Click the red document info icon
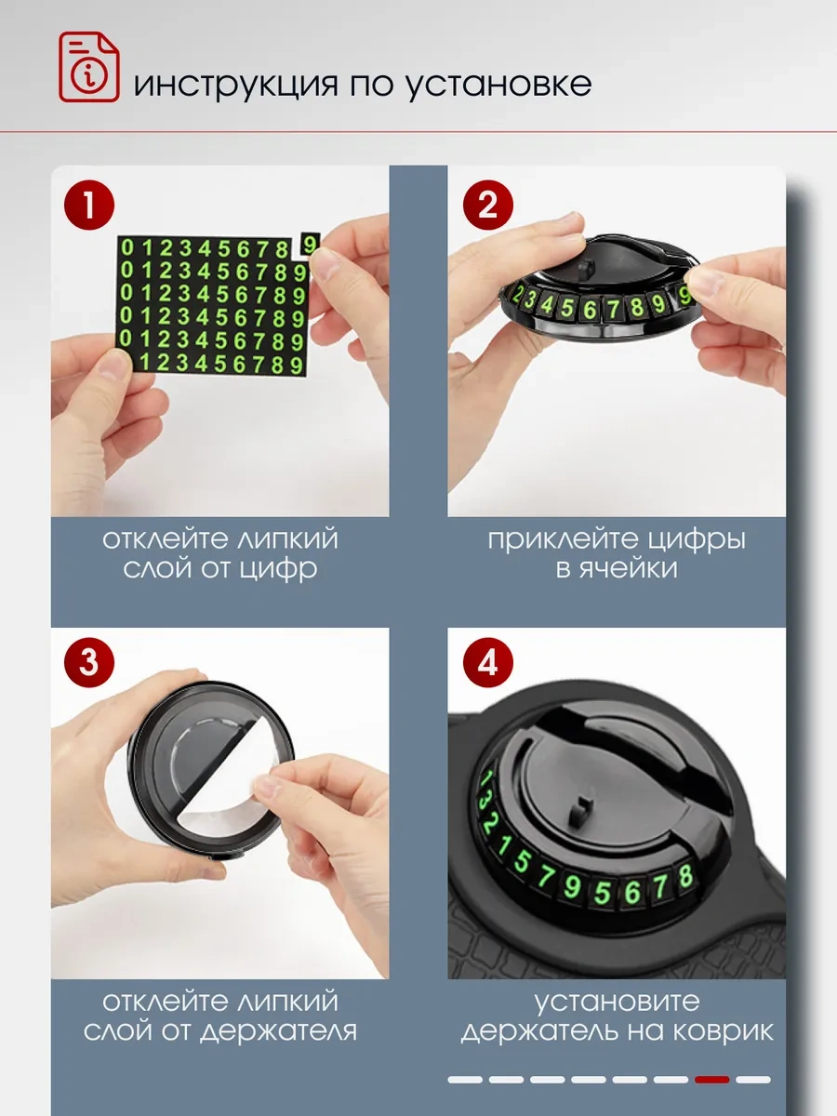(89, 67)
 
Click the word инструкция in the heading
(236, 85)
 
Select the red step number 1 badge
(89, 205)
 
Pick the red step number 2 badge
(488, 205)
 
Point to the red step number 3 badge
(89, 662)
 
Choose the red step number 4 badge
(488, 662)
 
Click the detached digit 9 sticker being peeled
(310, 244)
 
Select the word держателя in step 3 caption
(278, 1031)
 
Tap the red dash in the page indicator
(712, 1080)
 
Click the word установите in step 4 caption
(617, 1002)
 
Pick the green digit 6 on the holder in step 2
(589, 309)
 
